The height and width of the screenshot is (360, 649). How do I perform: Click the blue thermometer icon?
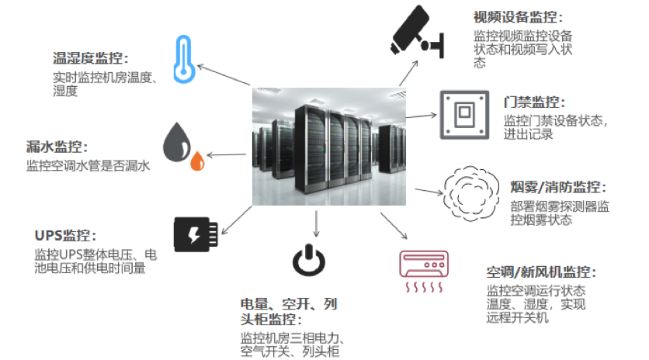(183, 59)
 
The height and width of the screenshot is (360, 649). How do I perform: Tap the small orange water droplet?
(197, 161)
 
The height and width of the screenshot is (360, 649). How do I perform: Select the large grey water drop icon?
(177, 142)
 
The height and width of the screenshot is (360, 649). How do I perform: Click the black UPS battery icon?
(196, 234)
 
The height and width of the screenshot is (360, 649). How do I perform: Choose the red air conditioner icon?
(424, 271)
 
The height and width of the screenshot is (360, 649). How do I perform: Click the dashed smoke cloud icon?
(470, 193)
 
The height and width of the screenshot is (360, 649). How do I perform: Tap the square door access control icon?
(464, 115)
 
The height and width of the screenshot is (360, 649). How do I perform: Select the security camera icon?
(417, 31)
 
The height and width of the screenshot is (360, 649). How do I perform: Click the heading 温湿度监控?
(90, 58)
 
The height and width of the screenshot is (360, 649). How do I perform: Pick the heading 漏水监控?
(57, 147)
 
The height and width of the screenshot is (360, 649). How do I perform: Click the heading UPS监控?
(65, 235)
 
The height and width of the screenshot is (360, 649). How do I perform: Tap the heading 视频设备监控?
(519, 17)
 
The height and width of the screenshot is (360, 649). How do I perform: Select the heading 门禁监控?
(534, 102)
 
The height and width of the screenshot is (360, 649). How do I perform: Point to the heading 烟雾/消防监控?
(558, 187)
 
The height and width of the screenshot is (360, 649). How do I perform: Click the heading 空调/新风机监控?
(541, 272)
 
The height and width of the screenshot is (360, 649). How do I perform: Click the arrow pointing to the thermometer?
(224, 75)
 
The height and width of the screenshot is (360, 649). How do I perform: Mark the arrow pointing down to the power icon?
(316, 224)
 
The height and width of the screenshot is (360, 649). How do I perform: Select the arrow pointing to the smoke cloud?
(429, 192)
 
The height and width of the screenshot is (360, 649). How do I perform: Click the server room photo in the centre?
(329, 147)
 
